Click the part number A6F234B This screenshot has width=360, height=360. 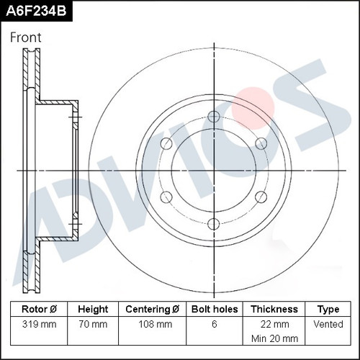tap(36, 11)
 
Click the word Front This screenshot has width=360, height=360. tap(26, 37)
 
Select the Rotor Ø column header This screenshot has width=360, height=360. tap(39, 309)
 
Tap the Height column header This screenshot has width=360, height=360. tap(93, 309)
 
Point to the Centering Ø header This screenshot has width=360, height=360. tap(152, 309)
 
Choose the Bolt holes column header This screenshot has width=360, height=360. tap(215, 309)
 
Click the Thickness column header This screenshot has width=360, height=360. tap(274, 309)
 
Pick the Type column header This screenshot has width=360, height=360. tap(328, 310)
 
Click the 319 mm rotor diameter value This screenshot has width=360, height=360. tap(39, 324)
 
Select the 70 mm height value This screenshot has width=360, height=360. tap(93, 324)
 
